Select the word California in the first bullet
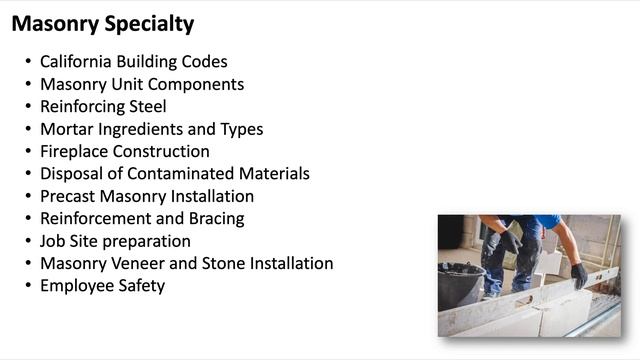(80, 62)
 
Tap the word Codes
(206, 62)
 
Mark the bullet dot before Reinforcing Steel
(28, 107)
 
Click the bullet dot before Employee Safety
(28, 286)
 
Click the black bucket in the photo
(460, 286)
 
